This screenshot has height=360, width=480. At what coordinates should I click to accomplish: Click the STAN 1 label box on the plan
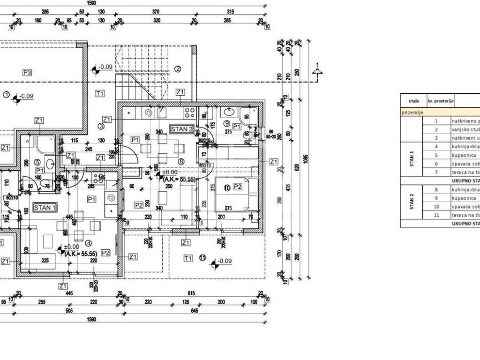point(45,207)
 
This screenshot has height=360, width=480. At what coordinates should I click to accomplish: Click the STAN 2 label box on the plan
point(182,129)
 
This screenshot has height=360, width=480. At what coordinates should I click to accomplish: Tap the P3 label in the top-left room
point(27,72)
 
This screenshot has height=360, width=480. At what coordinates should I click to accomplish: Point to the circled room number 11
point(202,257)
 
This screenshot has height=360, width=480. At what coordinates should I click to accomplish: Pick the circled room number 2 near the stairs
point(178,69)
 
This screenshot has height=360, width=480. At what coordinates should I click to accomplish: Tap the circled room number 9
point(227,124)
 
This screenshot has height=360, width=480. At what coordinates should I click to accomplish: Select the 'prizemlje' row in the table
point(412,112)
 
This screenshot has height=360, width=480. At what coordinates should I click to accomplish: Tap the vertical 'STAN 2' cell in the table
point(412,202)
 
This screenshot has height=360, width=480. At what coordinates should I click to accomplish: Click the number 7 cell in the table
point(436,172)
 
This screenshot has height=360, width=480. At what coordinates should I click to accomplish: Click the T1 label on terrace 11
point(188,258)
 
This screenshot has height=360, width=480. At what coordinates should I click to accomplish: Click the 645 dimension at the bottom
point(195,310)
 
